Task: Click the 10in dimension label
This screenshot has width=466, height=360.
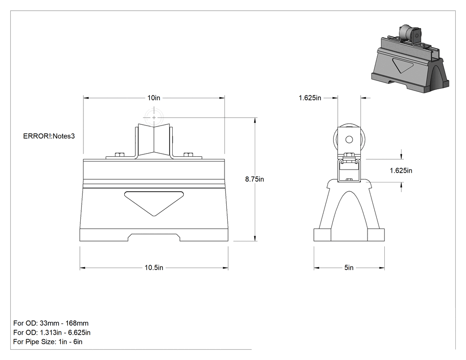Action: [154, 98]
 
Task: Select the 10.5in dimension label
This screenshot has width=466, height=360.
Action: [154, 268]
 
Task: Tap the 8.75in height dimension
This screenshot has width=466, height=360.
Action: [254, 179]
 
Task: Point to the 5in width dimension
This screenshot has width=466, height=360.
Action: [349, 268]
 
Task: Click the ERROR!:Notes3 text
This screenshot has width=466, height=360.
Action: [49, 136]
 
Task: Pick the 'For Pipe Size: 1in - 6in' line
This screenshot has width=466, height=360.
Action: [48, 342]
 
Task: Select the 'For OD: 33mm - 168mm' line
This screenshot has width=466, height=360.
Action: [51, 323]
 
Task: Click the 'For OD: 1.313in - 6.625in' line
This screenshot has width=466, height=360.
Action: [52, 332]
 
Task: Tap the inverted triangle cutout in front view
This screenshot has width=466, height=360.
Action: [154, 202]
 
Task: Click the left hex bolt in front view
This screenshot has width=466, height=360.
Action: [119, 154]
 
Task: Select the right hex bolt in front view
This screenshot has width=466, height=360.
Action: [188, 154]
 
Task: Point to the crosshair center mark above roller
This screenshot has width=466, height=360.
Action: [154, 118]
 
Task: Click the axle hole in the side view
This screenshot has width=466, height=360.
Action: [349, 139]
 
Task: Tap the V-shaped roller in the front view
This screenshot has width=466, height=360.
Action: [154, 140]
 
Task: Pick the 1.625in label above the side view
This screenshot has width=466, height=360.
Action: [310, 98]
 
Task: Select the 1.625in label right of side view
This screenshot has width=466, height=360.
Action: [401, 170]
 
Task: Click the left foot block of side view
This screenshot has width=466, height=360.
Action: [322, 235]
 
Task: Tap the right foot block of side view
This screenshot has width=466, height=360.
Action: [376, 235]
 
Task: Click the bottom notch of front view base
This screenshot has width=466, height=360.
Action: [154, 237]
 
